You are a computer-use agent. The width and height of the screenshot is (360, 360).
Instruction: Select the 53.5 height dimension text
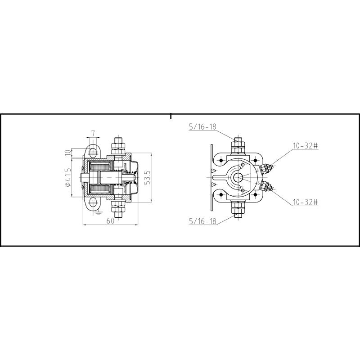click(x=147, y=178)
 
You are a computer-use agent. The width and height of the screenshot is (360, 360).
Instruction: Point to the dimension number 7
click(x=93, y=133)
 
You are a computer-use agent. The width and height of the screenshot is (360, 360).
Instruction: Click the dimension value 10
click(x=68, y=153)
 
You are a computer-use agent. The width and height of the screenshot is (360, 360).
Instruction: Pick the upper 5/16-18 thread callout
click(x=202, y=126)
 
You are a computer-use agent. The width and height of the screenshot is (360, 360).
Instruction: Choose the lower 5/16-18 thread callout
click(x=202, y=221)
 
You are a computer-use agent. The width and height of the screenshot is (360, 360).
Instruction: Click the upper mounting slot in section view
click(x=93, y=149)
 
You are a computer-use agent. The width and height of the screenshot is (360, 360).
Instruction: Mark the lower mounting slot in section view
click(x=93, y=204)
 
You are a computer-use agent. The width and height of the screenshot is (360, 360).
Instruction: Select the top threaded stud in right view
click(x=238, y=145)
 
